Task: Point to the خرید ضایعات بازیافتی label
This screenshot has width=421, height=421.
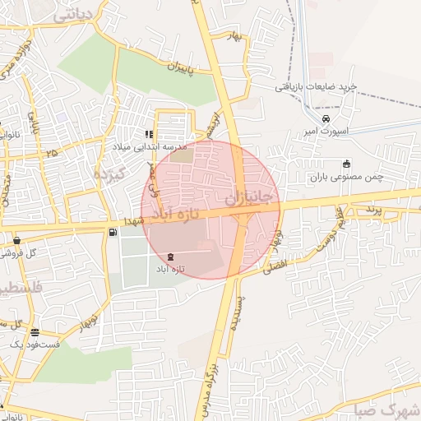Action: pyautogui.click(x=316, y=87)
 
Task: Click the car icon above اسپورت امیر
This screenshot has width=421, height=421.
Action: pyautogui.click(x=326, y=118)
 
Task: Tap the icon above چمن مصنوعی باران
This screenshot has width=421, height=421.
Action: pyautogui.click(x=345, y=162)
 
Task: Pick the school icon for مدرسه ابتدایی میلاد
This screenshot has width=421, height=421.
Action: pyautogui.click(x=149, y=134)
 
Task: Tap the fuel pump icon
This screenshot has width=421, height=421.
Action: pyautogui.click(x=112, y=232)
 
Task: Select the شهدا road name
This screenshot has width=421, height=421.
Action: pyautogui.click(x=132, y=221)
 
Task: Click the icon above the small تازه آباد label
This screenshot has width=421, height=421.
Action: pyautogui.click(x=170, y=257)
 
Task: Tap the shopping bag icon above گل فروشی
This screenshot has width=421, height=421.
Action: pyautogui.click(x=16, y=241)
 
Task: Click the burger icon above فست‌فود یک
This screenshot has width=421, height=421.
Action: pyautogui.click(x=35, y=332)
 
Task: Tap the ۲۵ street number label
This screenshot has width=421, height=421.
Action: pyautogui.click(x=52, y=152)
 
